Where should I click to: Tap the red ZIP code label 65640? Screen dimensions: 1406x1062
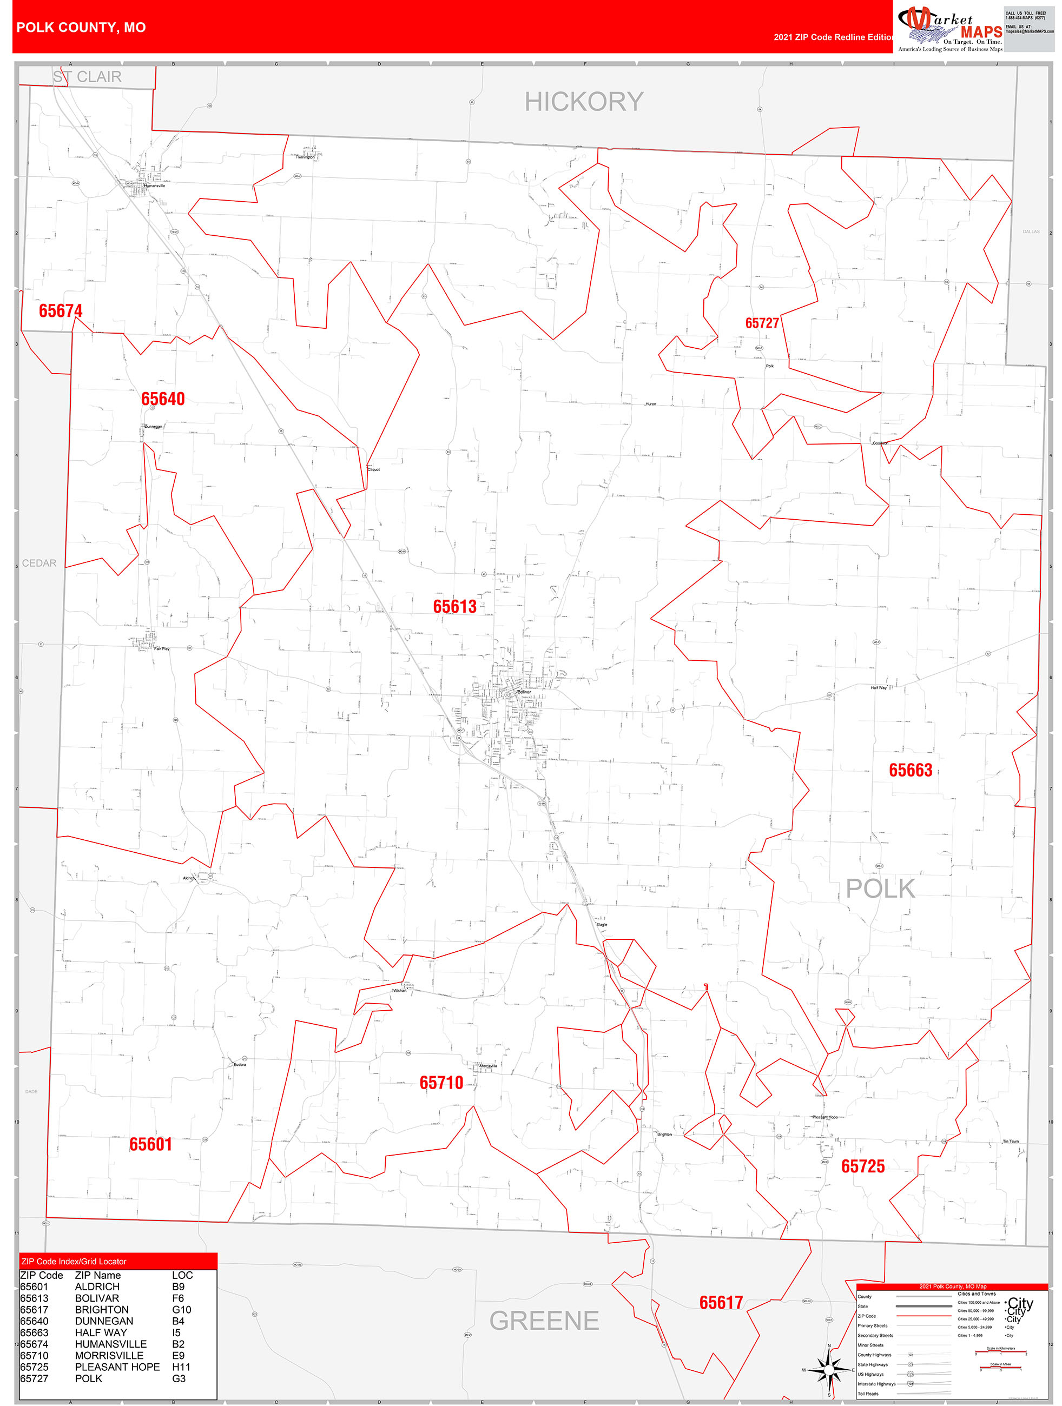[163, 399]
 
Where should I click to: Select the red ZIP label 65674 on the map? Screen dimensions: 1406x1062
[61, 311]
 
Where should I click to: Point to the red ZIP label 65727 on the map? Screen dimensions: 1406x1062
[762, 323]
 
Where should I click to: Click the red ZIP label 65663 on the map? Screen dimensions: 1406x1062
[910, 771]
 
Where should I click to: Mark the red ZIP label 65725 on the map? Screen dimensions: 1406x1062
[862, 1166]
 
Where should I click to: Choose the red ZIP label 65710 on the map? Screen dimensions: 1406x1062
[441, 1083]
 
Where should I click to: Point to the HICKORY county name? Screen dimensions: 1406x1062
[584, 102]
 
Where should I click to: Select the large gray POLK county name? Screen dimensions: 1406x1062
[880, 888]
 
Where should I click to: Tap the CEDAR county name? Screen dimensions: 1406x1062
[39, 563]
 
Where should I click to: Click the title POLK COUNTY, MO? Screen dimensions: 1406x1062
[81, 28]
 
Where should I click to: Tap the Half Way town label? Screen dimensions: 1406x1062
[878, 688]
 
